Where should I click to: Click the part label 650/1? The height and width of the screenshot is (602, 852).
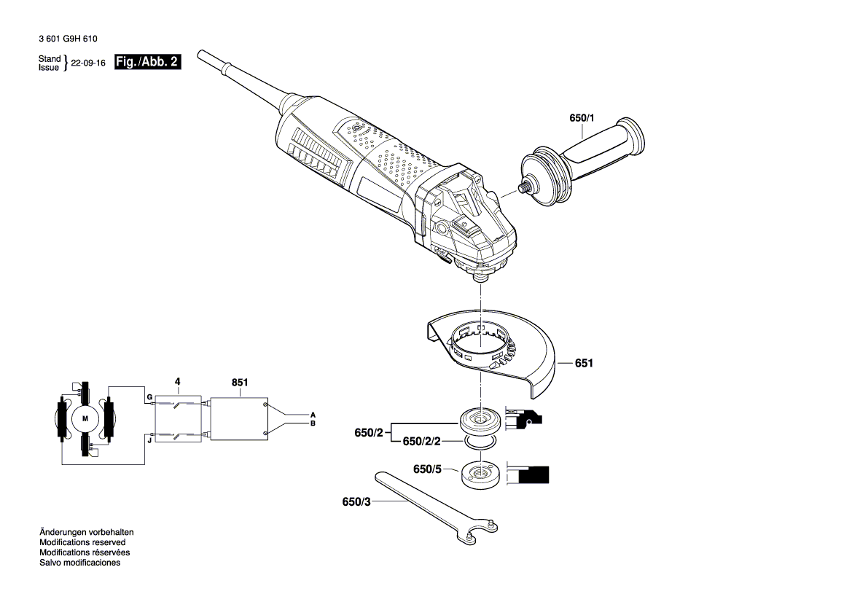(x=582, y=118)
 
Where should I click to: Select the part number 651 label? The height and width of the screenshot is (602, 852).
(x=584, y=362)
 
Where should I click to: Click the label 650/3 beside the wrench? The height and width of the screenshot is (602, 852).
(x=356, y=502)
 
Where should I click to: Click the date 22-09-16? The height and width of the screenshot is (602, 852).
(x=88, y=63)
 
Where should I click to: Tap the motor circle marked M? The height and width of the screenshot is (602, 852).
(x=85, y=418)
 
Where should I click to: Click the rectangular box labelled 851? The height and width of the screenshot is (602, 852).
(x=239, y=418)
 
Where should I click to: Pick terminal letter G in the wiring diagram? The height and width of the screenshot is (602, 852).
(x=149, y=397)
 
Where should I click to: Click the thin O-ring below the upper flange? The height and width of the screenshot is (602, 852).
(x=480, y=442)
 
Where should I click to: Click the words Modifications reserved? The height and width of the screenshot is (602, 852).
(x=82, y=542)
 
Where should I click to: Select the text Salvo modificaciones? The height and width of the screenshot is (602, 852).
(x=79, y=563)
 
